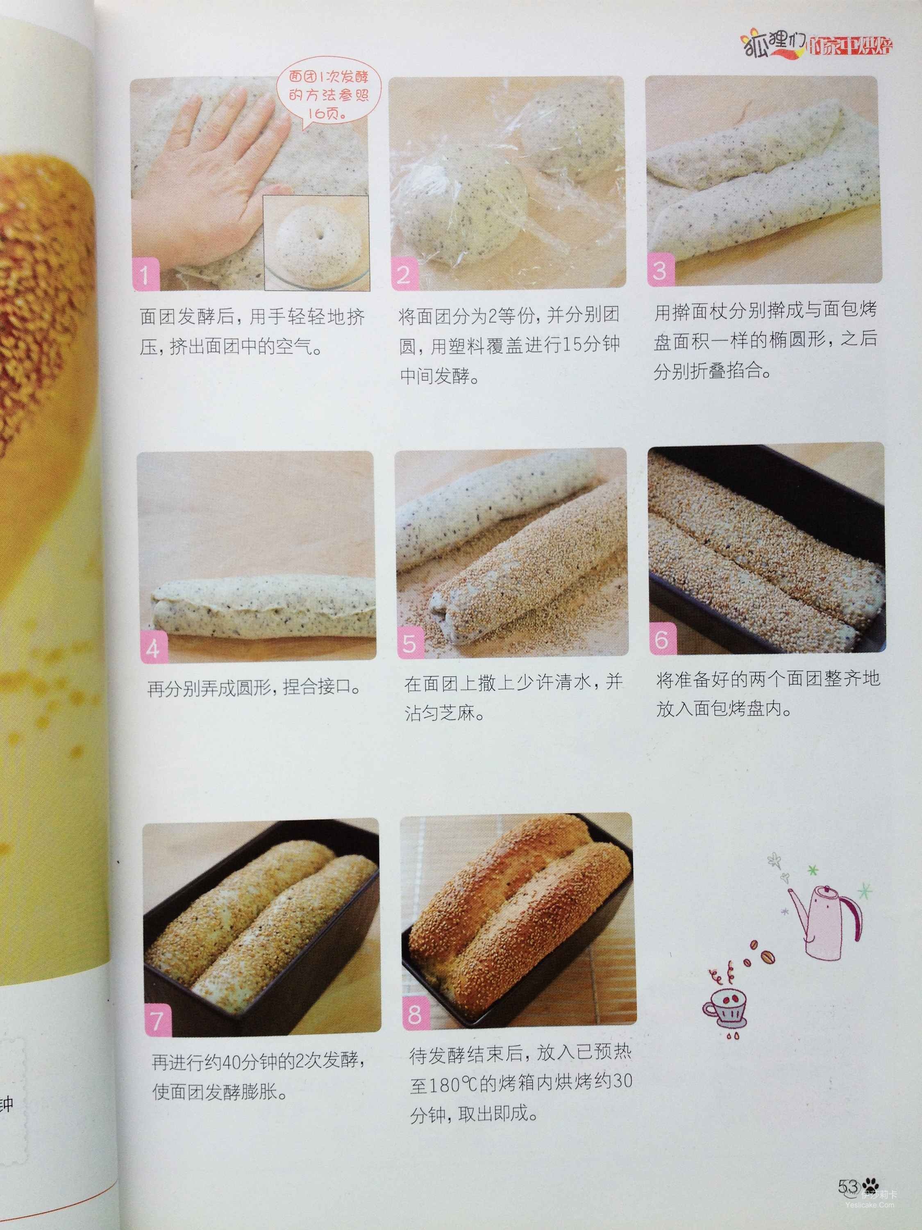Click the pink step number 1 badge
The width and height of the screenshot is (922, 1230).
(145, 274)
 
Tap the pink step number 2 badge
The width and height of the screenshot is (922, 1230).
(404, 273)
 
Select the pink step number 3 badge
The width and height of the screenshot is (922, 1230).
(660, 270)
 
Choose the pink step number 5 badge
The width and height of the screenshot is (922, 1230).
(411, 643)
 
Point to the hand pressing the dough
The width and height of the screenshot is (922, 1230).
(222, 167)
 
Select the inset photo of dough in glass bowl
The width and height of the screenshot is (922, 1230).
(316, 243)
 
